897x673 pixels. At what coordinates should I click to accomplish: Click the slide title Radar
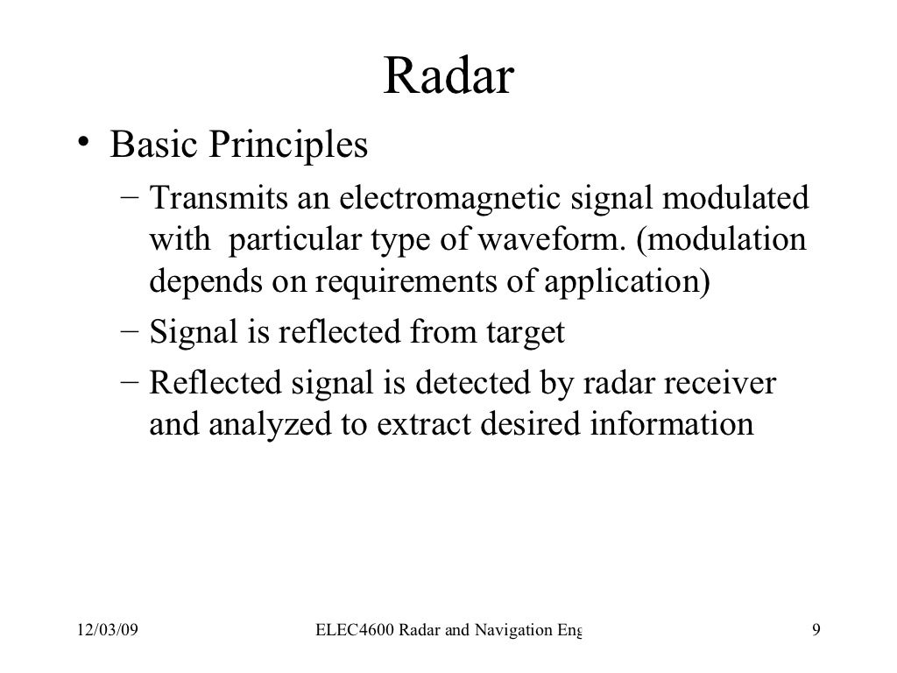(x=448, y=78)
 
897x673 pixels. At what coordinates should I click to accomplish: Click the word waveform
(x=554, y=240)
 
